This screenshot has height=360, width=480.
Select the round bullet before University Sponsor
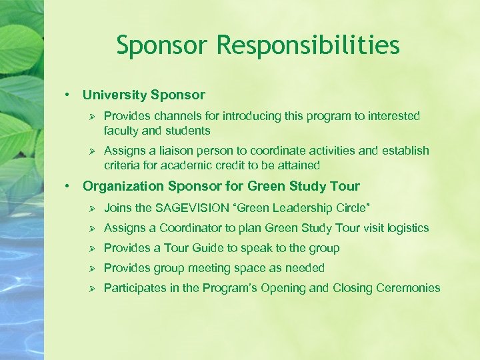tap(68, 95)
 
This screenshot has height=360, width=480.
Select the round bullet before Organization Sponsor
tap(68, 186)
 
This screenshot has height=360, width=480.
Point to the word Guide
tap(208, 248)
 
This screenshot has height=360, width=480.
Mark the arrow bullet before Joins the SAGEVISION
tap(91, 207)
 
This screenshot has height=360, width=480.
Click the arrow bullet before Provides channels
tap(91, 116)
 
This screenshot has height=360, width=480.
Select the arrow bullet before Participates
tap(91, 288)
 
